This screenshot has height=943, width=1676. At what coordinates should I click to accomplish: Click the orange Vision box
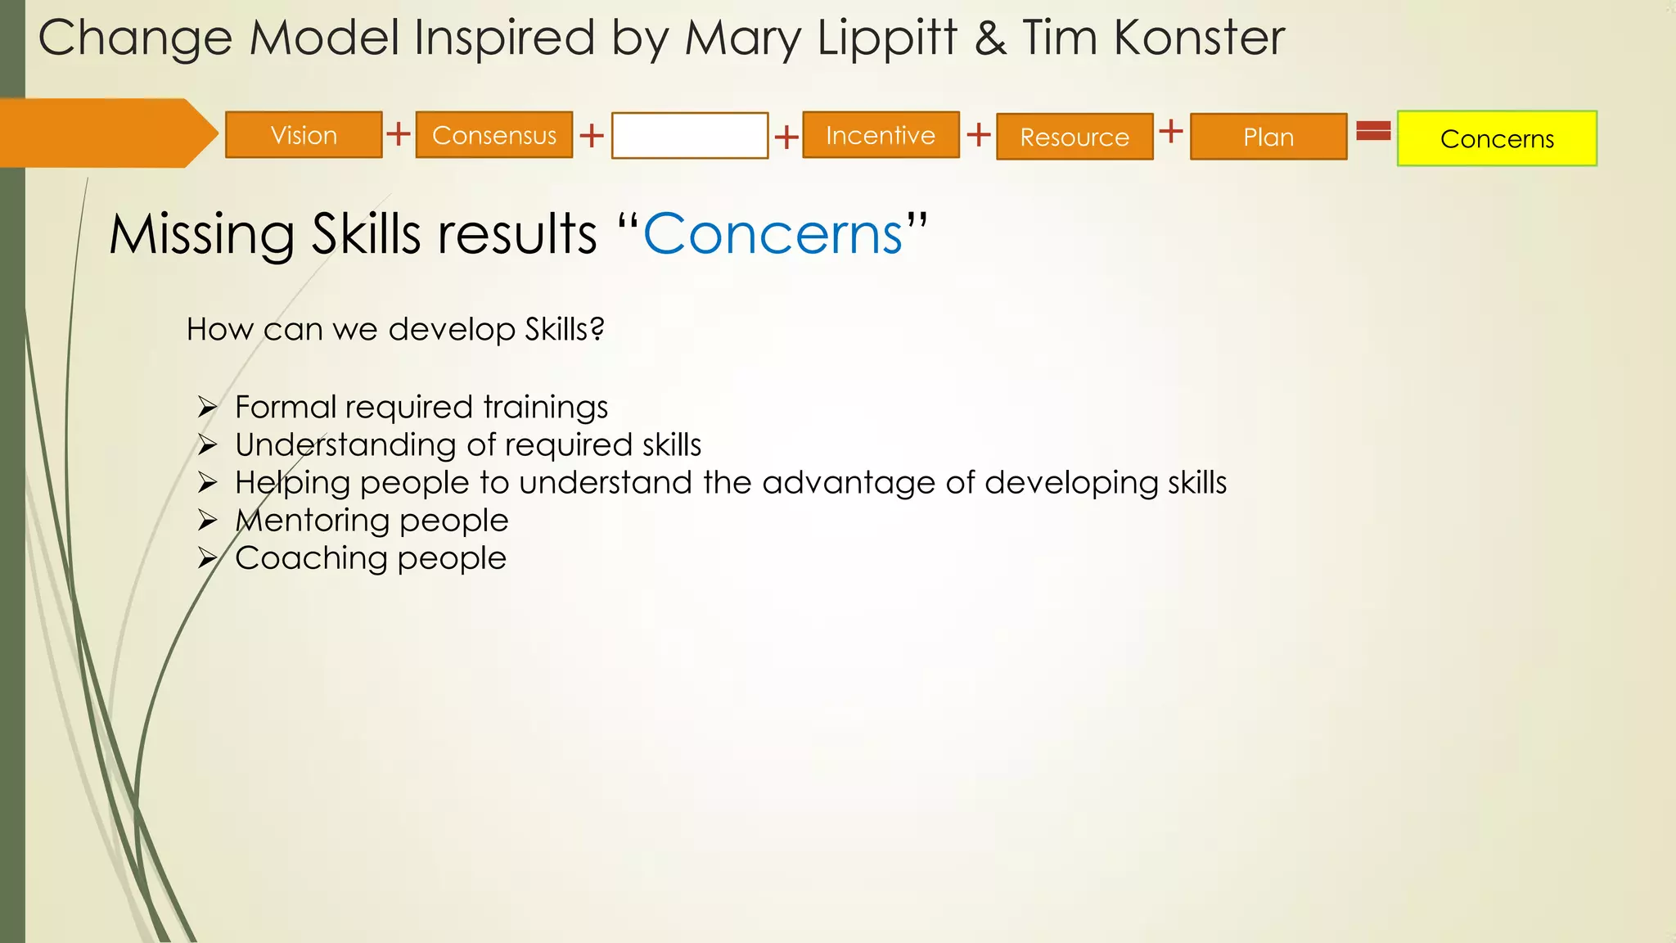click(x=304, y=135)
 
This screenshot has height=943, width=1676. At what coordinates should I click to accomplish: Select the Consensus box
click(x=494, y=135)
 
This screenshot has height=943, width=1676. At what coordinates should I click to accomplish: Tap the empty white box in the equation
click(x=690, y=136)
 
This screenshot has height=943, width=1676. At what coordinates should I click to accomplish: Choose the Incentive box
click(x=881, y=135)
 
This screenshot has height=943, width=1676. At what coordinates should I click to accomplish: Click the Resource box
click(x=1075, y=137)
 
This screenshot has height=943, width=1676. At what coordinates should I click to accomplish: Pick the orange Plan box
click(x=1268, y=137)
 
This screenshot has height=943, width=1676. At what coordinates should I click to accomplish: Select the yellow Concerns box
click(x=1497, y=139)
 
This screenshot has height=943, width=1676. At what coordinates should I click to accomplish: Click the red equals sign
click(x=1373, y=130)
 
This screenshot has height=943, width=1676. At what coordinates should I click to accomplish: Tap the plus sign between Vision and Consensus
click(x=399, y=133)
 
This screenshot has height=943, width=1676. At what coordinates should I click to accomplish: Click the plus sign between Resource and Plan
click(x=1171, y=130)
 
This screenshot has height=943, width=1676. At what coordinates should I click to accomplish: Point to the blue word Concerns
click(x=773, y=234)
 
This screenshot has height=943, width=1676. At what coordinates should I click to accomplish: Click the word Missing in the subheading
click(x=201, y=236)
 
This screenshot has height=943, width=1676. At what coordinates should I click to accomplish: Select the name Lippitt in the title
click(x=887, y=38)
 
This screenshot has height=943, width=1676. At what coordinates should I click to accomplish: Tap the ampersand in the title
click(x=990, y=38)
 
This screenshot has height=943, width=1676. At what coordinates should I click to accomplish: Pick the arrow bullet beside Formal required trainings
click(x=207, y=407)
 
